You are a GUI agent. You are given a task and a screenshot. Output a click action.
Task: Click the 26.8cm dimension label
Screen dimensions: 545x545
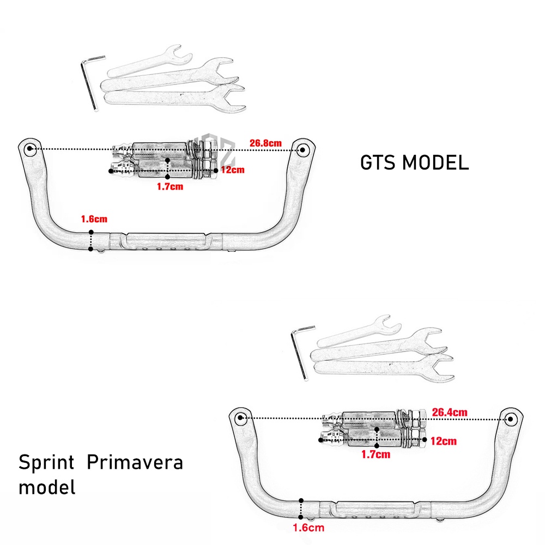pos(266,143)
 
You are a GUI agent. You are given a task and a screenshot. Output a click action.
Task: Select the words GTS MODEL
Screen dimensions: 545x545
pos(414,163)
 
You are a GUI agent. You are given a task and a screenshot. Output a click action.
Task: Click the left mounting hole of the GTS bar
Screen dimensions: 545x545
pos(29,148)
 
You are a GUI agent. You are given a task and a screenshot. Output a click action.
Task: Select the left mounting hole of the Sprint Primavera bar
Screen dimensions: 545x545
pos(241,419)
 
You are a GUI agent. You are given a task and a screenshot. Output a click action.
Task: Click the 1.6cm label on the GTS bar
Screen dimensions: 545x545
pos(94,219)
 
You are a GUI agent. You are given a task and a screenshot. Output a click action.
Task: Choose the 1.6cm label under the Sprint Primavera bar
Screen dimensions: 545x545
pos(308,527)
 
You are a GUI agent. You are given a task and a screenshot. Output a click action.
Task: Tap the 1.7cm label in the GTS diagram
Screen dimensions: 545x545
pos(169,186)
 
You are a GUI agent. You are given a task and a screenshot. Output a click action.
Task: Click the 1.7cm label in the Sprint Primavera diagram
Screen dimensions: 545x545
pos(377,454)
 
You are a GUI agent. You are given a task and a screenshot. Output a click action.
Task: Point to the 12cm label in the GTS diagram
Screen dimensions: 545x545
pos(233,169)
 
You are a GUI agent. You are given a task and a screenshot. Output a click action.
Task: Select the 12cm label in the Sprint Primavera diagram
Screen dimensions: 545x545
pos(444,441)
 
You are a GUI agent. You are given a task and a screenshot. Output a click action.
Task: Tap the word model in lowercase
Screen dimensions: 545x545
pos(47,487)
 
